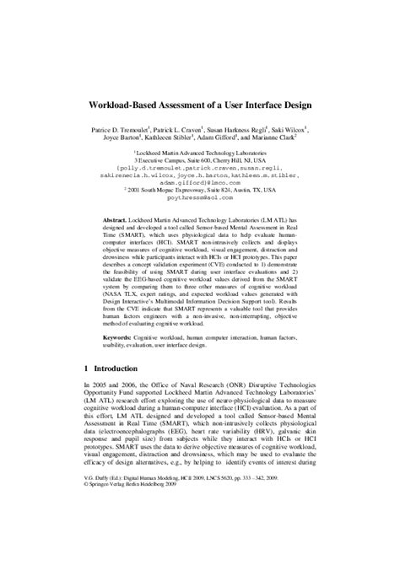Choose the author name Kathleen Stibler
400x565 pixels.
point(178,143)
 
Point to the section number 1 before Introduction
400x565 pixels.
point(89,369)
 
